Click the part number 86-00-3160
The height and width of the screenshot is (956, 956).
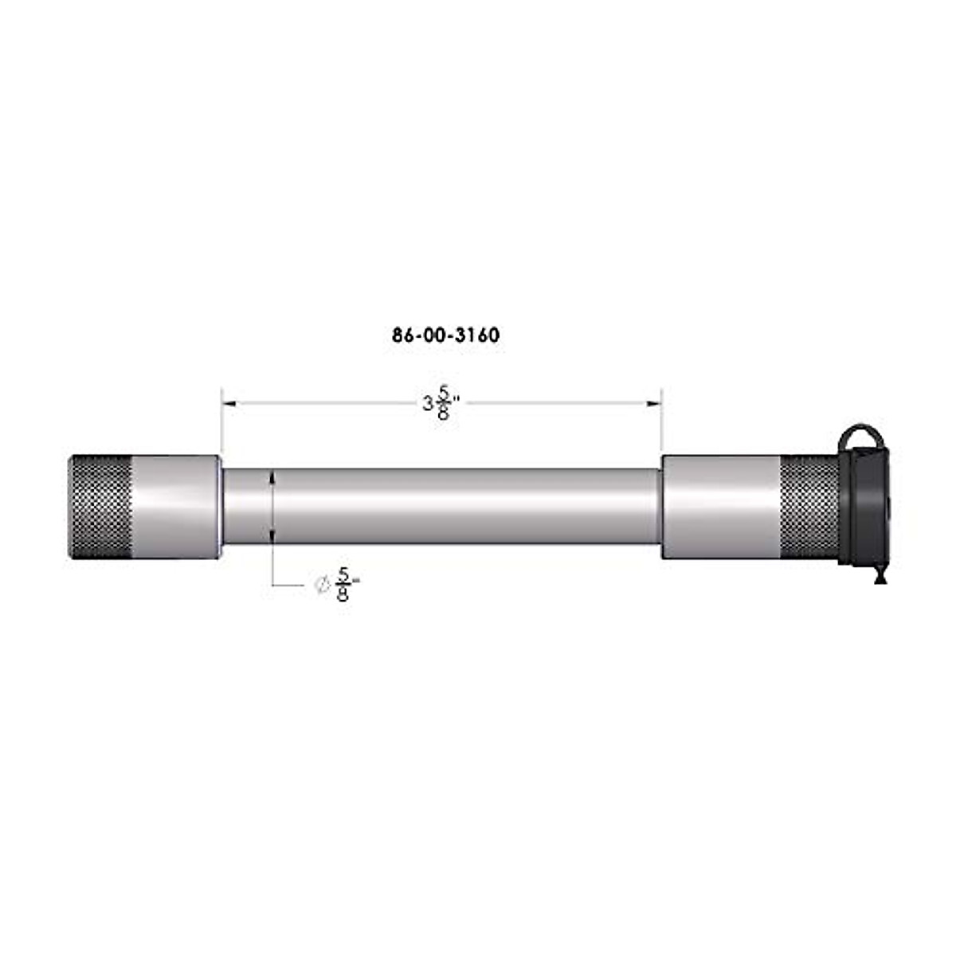click(x=445, y=335)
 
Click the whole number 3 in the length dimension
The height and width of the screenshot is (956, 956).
click(x=428, y=405)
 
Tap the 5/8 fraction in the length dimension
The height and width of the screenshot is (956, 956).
click(x=443, y=404)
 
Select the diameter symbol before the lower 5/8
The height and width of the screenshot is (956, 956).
click(x=323, y=585)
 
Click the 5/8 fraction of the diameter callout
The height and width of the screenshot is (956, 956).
click(x=343, y=584)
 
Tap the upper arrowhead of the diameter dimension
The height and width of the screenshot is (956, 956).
click(x=272, y=477)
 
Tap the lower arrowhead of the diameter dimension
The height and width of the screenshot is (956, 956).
click(x=272, y=537)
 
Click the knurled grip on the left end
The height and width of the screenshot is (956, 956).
click(x=100, y=507)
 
